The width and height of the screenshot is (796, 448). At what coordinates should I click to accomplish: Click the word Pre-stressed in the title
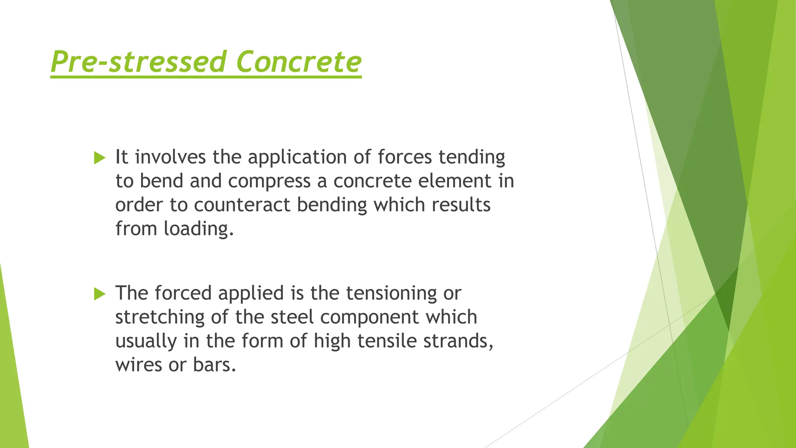coord(138,62)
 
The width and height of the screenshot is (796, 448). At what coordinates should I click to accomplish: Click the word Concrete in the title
coord(298,62)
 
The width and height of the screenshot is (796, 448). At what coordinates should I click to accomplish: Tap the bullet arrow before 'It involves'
coord(100,158)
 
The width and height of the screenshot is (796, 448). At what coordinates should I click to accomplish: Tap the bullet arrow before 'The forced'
coord(100,294)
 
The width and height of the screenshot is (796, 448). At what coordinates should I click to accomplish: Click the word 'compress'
coord(269,181)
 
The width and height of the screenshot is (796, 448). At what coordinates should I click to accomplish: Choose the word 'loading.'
coord(199,229)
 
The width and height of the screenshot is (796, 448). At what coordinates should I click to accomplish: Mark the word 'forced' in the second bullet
coord(183,293)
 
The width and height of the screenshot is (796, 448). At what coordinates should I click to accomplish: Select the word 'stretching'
coord(160,317)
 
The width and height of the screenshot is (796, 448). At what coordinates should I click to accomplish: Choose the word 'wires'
coord(138,365)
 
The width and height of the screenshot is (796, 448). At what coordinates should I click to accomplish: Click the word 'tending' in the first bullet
coord(472,157)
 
